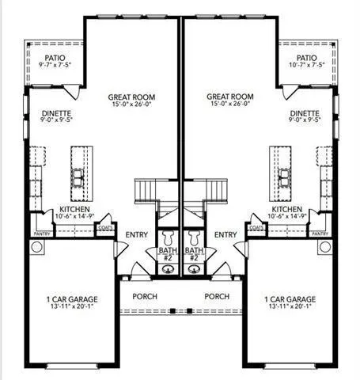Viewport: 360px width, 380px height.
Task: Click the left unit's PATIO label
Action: point(55,58)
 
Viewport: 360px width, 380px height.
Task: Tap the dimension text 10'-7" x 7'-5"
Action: point(307,65)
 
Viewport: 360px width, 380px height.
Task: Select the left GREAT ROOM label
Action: point(131,97)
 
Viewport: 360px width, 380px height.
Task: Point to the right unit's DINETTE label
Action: point(305,113)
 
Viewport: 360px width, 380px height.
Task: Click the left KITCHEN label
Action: point(74,209)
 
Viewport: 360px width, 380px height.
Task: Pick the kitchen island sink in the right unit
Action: point(285,177)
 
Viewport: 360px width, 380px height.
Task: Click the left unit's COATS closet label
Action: point(105,227)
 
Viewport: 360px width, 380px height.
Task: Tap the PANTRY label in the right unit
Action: point(320,234)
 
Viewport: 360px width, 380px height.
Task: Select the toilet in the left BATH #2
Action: point(168,238)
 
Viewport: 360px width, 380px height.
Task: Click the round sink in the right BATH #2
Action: point(194,269)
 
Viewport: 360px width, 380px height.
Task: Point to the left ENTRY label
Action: point(137,234)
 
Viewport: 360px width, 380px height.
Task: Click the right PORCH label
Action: point(217,296)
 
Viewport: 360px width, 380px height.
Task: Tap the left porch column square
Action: point(172,311)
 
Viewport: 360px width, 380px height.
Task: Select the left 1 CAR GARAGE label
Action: point(72,299)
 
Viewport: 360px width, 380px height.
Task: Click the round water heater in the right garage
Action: point(324,247)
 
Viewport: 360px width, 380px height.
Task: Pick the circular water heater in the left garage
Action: point(36,247)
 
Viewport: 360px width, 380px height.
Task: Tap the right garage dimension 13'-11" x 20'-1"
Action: point(290,306)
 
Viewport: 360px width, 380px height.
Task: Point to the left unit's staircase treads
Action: point(146,192)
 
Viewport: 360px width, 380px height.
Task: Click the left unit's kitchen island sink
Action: point(78,177)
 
